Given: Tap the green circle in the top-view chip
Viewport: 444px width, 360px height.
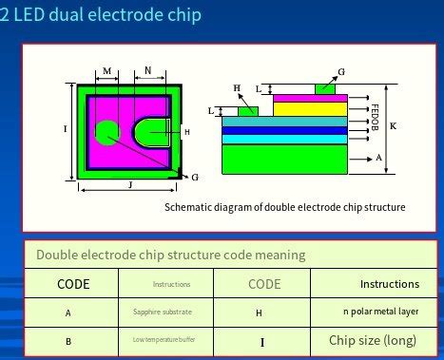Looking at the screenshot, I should click(x=106, y=132).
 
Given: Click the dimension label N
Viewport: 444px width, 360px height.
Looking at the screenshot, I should click(x=147, y=71).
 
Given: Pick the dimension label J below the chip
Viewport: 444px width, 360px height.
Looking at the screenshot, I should click(x=129, y=184).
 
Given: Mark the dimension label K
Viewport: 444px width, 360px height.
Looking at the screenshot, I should click(x=394, y=126).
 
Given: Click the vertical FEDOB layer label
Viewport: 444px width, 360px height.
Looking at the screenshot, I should click(x=376, y=114).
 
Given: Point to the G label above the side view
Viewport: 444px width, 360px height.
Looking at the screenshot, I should click(x=341, y=71).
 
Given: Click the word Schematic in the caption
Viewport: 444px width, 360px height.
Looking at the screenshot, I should click(x=189, y=207).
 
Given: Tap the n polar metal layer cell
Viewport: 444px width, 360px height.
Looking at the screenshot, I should click(x=380, y=312).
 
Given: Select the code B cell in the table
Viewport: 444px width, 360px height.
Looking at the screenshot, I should click(x=68, y=340).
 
